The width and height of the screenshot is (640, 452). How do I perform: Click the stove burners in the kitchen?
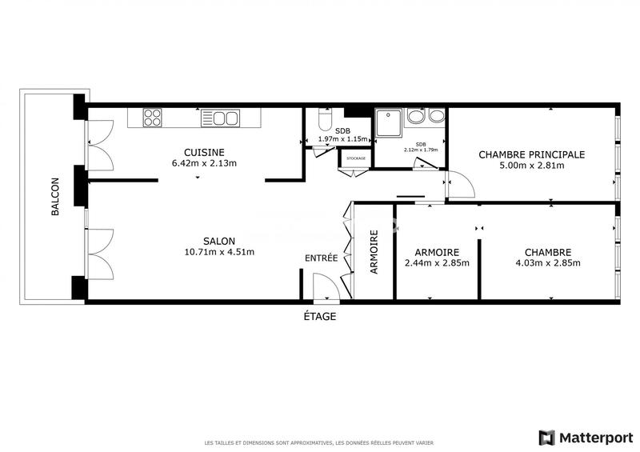152,118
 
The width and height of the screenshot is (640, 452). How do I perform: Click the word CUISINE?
204,152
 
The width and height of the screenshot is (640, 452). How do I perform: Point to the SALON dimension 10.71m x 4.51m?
218,252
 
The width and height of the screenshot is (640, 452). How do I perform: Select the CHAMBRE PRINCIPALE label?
532,154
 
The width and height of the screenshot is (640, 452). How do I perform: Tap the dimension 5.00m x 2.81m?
532,166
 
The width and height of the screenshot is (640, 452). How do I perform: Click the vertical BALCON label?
55,197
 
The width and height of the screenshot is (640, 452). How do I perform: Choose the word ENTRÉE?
322,258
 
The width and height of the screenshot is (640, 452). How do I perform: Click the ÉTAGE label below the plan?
319,316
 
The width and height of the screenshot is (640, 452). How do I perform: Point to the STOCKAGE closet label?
355,158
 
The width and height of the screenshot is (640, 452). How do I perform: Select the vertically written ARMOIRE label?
374,252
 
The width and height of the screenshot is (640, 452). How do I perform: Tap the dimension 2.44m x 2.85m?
437,262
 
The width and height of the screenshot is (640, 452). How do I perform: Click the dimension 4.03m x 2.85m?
548,262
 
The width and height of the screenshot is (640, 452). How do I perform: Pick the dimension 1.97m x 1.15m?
342,139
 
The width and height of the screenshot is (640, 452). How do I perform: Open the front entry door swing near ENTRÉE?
326,286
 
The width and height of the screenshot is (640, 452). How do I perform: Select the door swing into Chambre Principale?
461,186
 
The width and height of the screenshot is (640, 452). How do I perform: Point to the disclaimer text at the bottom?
320,442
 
